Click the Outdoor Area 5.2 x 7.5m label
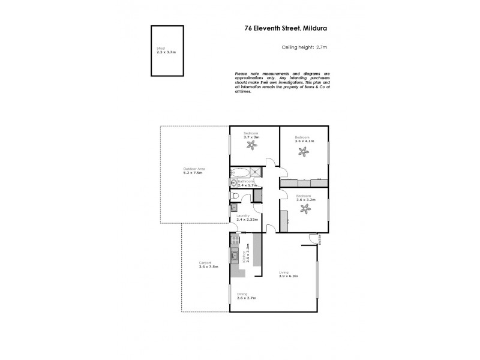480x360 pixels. (x=194, y=171)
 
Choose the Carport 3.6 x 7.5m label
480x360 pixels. (x=209, y=265)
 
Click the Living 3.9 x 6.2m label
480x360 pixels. (x=289, y=275)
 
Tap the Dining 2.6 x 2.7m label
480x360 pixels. (x=246, y=296)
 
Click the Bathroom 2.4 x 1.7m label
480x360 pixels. (x=247, y=183)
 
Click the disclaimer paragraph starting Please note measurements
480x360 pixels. (x=282, y=82)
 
